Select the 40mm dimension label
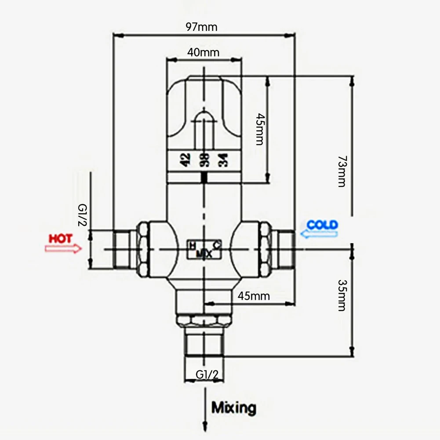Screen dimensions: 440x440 (x=204, y=52)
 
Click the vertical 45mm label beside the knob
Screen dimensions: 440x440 (x=259, y=129)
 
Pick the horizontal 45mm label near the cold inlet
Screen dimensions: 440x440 (x=253, y=296)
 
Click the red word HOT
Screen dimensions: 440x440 (x=61, y=239)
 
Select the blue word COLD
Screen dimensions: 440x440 (x=322, y=225)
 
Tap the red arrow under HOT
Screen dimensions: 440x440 (x=63, y=249)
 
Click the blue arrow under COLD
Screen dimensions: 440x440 (x=319, y=234)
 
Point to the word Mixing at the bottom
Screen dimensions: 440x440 (x=233, y=407)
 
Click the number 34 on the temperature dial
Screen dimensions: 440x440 (x=222, y=160)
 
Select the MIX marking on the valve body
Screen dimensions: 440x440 (x=204, y=254)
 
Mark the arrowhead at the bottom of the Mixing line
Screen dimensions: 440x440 (x=204, y=425)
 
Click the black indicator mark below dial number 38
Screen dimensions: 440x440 (x=204, y=178)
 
